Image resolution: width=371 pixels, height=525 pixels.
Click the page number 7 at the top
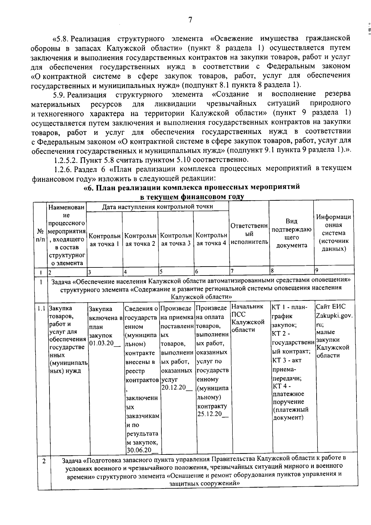(190, 20)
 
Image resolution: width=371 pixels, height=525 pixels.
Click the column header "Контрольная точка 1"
(104, 240)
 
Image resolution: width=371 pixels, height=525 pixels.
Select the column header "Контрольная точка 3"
(176, 239)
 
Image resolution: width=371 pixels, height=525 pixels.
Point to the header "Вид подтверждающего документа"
(292, 233)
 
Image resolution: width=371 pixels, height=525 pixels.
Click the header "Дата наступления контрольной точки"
(158, 206)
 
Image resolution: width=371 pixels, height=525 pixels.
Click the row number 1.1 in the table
(42, 308)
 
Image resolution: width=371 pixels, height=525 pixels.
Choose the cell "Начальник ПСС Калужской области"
(248, 318)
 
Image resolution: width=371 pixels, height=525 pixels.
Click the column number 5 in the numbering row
(161, 271)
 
